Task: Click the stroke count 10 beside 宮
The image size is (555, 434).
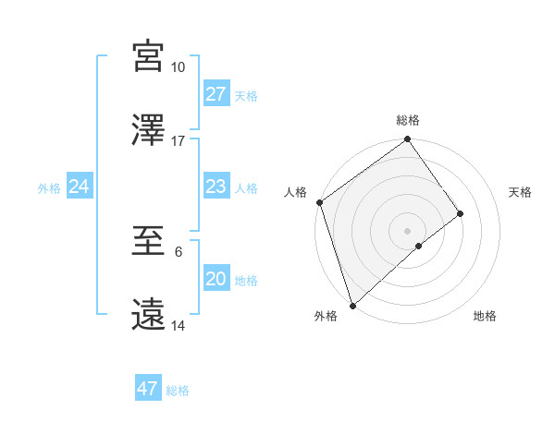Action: click(178, 67)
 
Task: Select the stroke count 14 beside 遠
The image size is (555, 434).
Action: click(178, 326)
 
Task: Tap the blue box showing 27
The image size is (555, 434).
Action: click(216, 94)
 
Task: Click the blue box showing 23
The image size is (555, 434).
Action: click(216, 187)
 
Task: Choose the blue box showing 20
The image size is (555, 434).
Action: click(216, 279)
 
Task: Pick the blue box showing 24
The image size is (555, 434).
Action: click(79, 187)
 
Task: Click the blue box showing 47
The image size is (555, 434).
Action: click(148, 389)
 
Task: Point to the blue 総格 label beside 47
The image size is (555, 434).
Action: click(178, 391)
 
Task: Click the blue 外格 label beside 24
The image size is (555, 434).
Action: click(49, 188)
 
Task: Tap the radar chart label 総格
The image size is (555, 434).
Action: click(408, 121)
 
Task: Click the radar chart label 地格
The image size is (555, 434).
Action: click(485, 317)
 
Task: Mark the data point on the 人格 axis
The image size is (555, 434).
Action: click(319, 202)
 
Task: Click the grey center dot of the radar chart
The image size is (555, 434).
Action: click(407, 230)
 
